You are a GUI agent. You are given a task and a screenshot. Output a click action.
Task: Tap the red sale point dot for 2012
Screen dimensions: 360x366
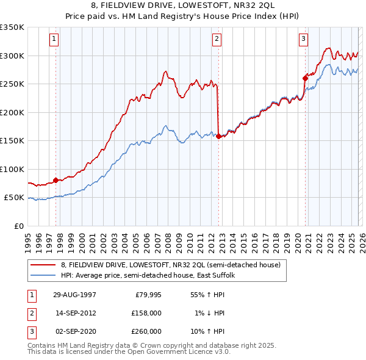(x=218, y=136)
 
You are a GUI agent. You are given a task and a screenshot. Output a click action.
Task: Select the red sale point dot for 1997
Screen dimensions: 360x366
(x=56, y=180)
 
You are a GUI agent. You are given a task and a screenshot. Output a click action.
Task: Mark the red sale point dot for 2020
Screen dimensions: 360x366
(x=305, y=77)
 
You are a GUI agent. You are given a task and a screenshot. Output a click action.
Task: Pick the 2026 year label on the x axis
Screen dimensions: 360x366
(x=361, y=239)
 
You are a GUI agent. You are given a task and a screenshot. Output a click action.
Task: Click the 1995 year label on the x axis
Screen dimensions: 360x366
(x=27, y=239)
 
